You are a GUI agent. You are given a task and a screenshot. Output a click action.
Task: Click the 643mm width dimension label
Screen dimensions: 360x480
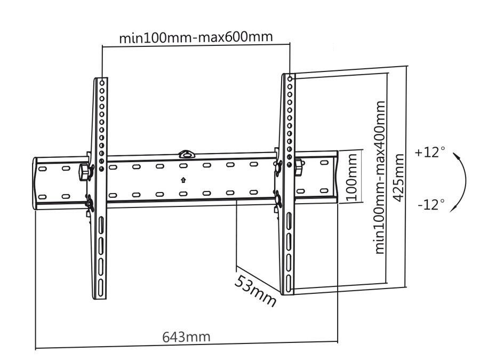click(x=186, y=337)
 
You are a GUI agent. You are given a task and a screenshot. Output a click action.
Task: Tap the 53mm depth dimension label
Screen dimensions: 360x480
click(x=255, y=290)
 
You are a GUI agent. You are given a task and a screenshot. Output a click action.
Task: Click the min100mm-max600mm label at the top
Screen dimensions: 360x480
click(x=196, y=38)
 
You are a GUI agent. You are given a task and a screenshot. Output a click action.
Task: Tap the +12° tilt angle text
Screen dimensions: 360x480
click(x=429, y=152)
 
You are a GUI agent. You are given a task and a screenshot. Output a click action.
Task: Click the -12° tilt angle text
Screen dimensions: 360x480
click(x=430, y=205)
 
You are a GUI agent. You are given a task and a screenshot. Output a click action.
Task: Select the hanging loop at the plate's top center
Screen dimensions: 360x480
click(x=186, y=154)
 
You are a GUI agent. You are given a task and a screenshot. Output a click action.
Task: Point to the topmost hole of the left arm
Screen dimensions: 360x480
click(x=102, y=83)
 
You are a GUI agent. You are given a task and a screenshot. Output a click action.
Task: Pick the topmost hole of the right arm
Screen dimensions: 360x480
click(x=290, y=79)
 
